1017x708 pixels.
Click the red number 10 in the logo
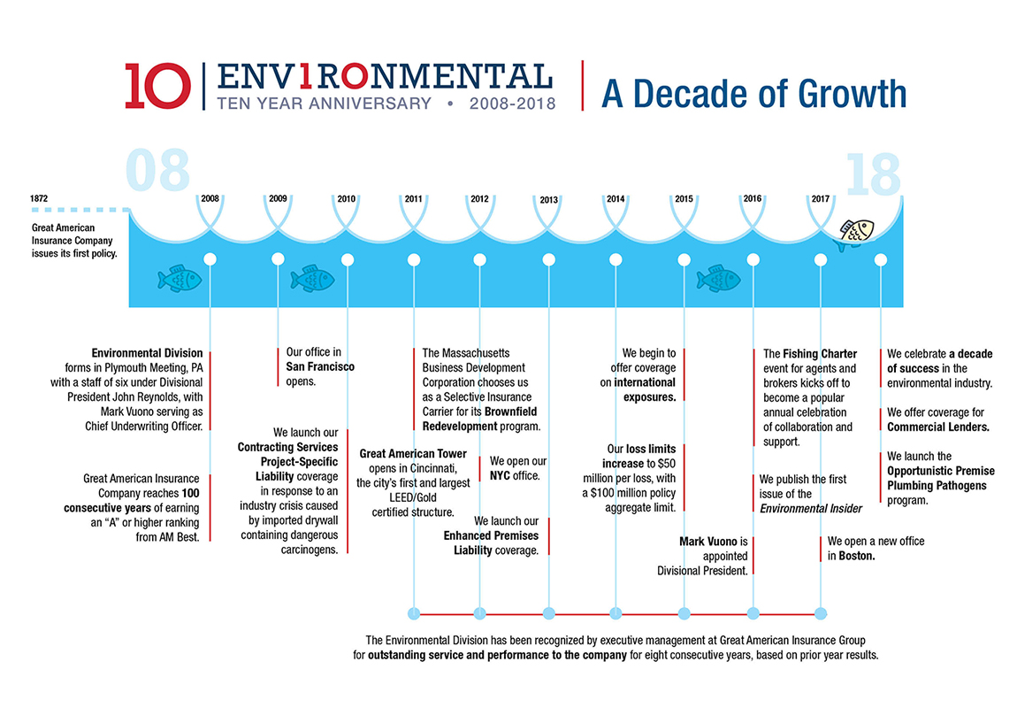coord(157,86)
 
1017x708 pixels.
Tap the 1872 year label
coord(39,198)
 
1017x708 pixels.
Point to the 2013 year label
coord(548,199)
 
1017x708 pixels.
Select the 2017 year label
coord(820,198)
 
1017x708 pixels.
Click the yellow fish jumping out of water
coord(855,232)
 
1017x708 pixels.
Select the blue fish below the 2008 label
coord(180,279)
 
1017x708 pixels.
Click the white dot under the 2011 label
coord(414,259)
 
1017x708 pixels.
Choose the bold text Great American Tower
coord(413,454)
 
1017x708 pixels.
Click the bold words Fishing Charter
coord(819,354)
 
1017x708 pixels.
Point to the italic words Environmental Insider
coord(811,508)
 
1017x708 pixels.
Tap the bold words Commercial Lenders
coord(937,427)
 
